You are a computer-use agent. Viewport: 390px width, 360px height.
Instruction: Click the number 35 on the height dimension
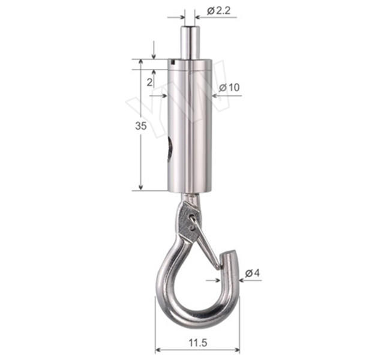click(x=140, y=126)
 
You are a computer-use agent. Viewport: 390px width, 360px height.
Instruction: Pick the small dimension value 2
click(x=149, y=83)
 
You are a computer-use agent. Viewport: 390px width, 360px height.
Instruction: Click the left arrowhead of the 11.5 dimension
click(x=158, y=349)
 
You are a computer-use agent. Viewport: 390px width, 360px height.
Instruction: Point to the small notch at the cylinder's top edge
click(x=172, y=60)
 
